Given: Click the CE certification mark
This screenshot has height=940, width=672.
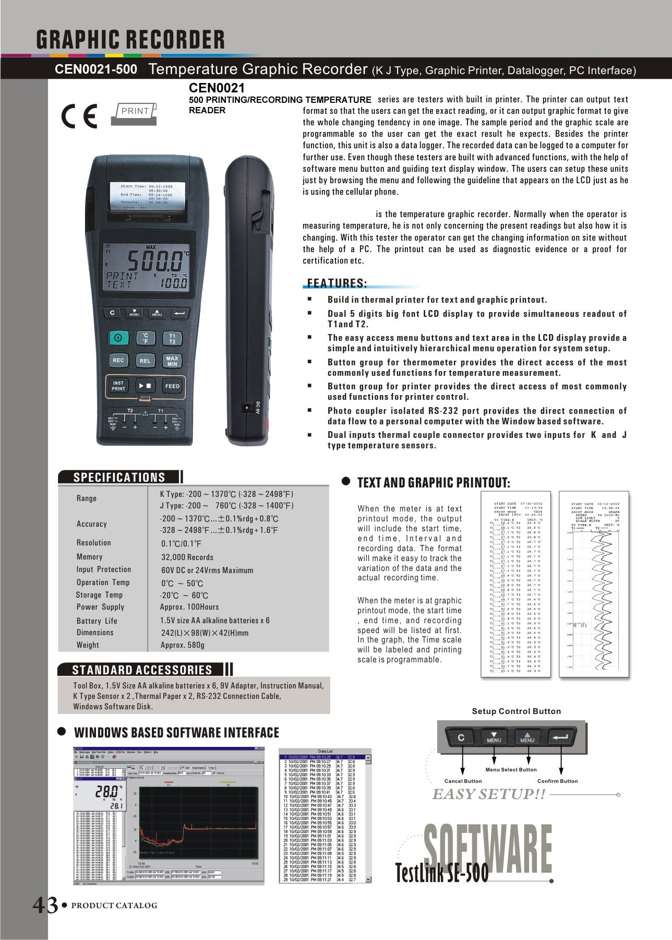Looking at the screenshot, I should (79, 116).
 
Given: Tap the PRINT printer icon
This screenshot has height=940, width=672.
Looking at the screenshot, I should (134, 113).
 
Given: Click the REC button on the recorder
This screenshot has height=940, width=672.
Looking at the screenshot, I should (118, 360).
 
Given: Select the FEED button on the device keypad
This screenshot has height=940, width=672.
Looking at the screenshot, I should (172, 386).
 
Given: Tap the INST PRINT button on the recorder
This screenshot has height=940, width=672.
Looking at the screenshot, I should (118, 386).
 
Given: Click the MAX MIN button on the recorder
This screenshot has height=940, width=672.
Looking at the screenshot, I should (172, 361).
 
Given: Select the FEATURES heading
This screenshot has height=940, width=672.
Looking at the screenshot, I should (337, 283).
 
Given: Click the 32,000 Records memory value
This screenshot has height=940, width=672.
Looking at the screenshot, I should (187, 557).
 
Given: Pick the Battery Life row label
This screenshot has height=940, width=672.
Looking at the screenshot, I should (97, 621).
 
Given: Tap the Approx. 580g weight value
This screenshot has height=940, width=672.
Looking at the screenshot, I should (183, 645).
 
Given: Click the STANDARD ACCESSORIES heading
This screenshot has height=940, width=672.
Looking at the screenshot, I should (142, 670).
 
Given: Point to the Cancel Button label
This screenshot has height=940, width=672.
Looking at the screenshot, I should (463, 781).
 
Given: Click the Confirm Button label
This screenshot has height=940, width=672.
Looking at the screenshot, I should (557, 781).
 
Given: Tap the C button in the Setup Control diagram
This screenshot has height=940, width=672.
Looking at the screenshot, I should (461, 737).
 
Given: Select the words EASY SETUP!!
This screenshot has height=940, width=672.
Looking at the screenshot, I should (489, 794).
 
